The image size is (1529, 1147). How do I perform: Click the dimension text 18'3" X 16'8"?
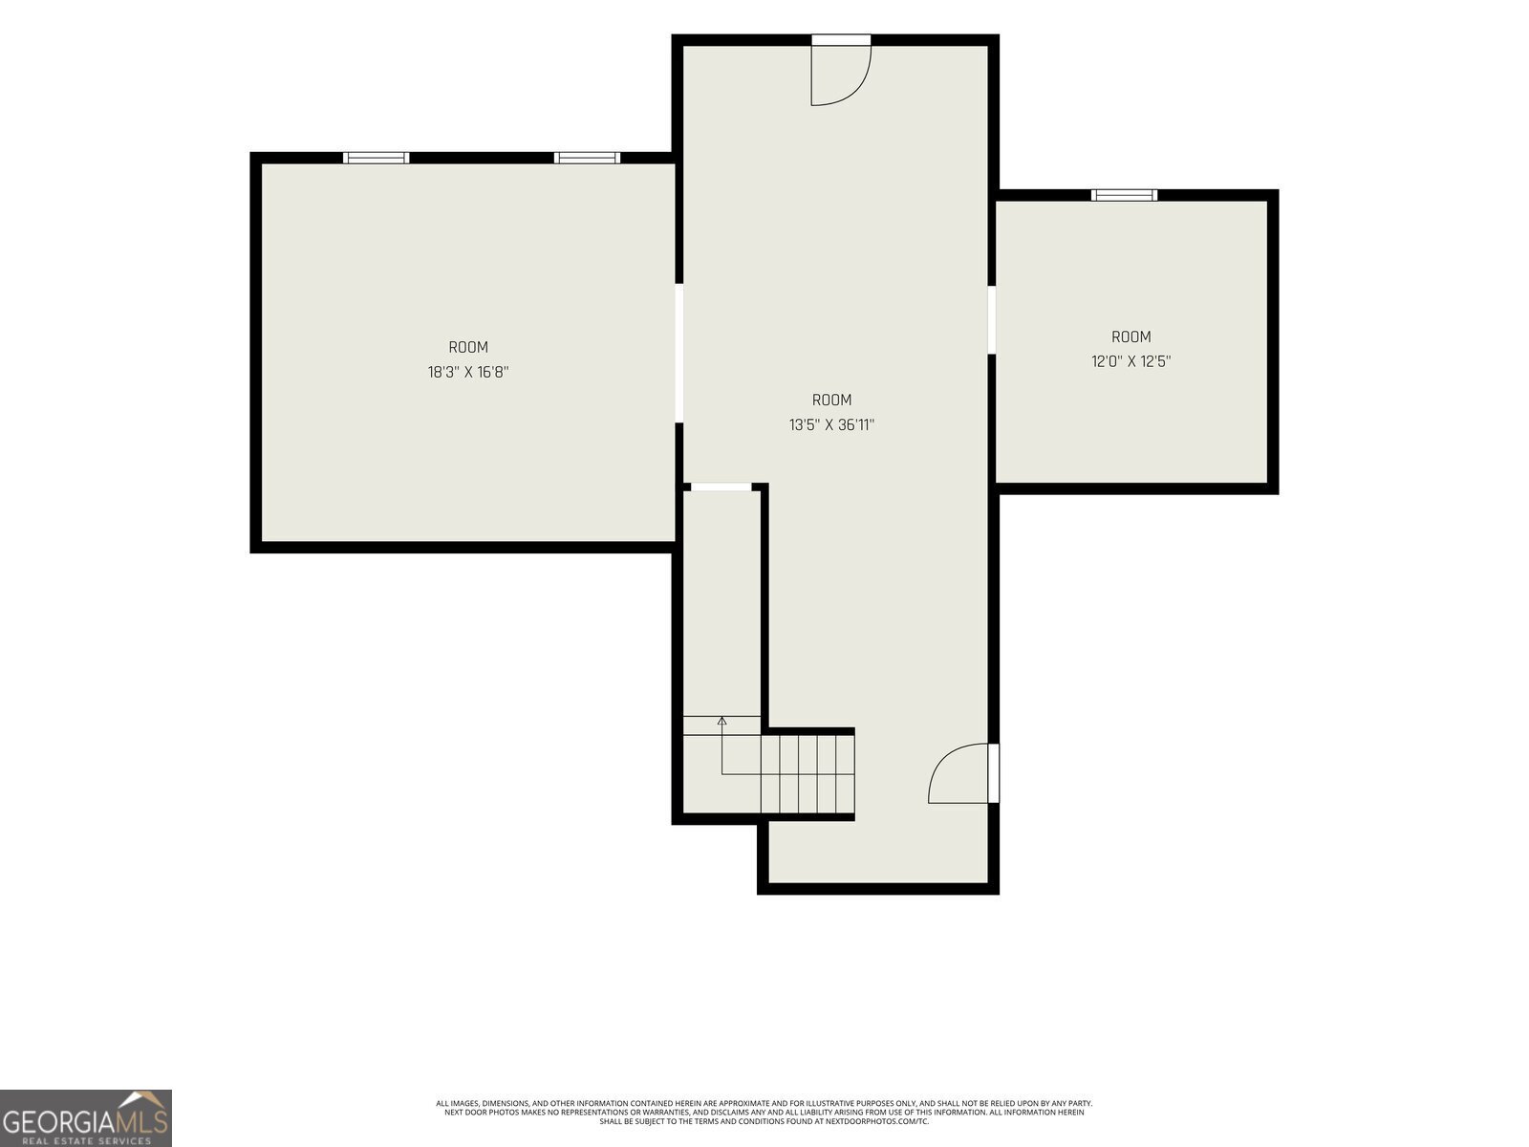point(468,372)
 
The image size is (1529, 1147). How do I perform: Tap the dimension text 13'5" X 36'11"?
point(831,424)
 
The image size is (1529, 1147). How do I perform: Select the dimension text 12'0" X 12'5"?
point(1131,361)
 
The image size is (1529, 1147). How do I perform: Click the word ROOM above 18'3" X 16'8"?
point(468,347)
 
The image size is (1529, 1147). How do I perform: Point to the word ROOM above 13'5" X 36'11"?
point(831,400)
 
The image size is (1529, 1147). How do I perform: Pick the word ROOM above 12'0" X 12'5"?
point(1131,337)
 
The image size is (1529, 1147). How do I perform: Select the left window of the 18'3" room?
point(377,158)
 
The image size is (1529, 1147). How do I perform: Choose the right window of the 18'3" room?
point(587,158)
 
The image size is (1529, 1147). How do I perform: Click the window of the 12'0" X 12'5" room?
point(1124,195)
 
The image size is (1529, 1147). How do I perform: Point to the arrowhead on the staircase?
point(721,721)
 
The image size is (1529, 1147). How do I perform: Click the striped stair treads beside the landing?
point(808,773)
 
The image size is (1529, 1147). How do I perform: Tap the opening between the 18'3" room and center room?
point(679,353)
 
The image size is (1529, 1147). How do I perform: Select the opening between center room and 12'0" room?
point(992,319)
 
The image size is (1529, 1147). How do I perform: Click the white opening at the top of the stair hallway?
point(721,487)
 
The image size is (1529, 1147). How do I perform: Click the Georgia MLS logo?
point(86,1118)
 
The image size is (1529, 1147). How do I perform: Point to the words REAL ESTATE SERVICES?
point(86,1140)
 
